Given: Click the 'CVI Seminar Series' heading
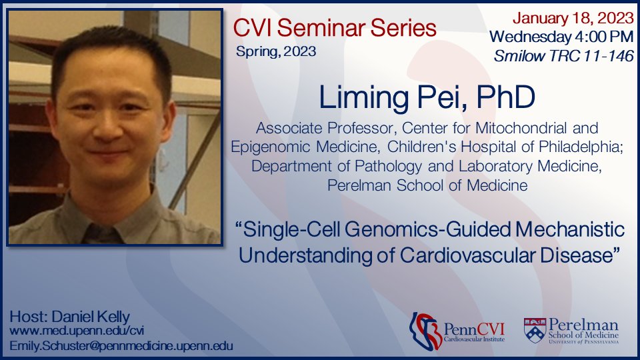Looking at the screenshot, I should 335,28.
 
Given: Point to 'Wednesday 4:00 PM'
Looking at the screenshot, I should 561,35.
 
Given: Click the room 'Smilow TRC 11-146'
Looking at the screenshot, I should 563,56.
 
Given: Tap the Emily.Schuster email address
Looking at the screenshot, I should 120,345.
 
